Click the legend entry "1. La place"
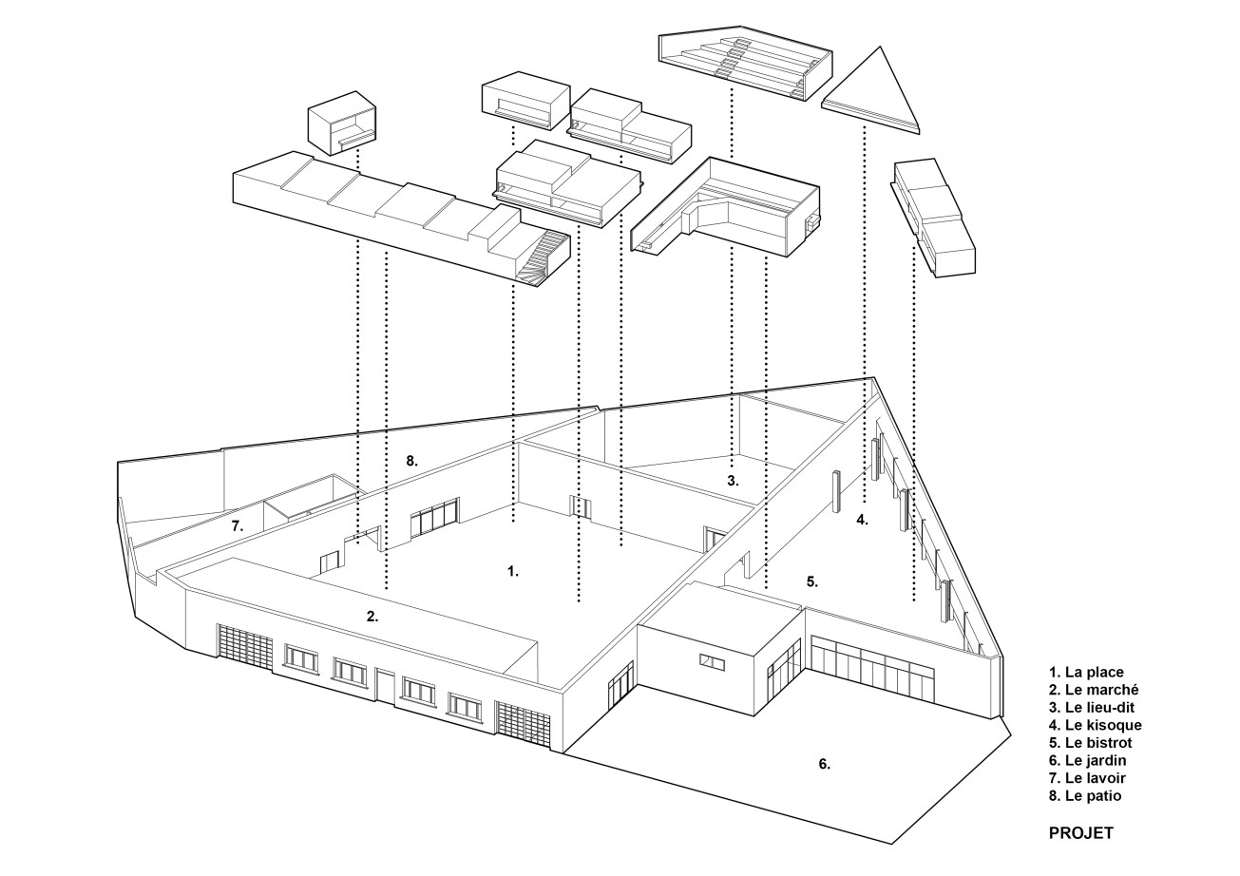click(1087, 673)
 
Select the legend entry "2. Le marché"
click(1094, 690)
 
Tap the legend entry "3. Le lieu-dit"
click(1092, 707)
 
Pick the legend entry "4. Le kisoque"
click(1096, 725)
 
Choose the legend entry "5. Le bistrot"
click(1091, 743)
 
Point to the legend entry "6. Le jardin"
click(1088, 760)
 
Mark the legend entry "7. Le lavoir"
click(1088, 778)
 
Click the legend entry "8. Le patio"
click(1085, 796)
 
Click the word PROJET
click(1081, 833)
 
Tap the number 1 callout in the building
click(513, 572)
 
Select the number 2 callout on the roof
click(372, 617)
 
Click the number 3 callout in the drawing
click(733, 481)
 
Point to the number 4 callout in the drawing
click(862, 520)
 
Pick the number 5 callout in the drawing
click(812, 581)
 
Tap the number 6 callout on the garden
click(824, 764)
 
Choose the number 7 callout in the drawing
click(238, 526)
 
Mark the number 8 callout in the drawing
click(411, 461)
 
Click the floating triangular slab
click(872, 94)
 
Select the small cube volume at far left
click(343, 123)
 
